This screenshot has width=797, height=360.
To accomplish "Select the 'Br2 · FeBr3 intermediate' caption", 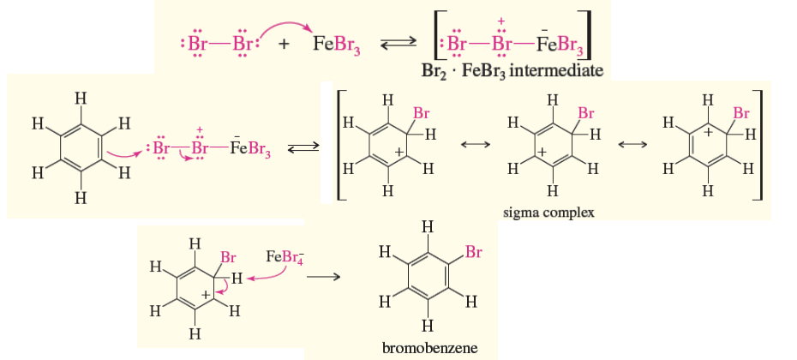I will click(x=512, y=69).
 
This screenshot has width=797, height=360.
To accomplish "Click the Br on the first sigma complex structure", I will click(x=421, y=112).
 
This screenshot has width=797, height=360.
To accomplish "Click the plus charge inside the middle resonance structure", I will click(x=543, y=153).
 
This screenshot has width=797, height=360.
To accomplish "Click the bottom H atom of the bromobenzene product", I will click(x=428, y=326).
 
